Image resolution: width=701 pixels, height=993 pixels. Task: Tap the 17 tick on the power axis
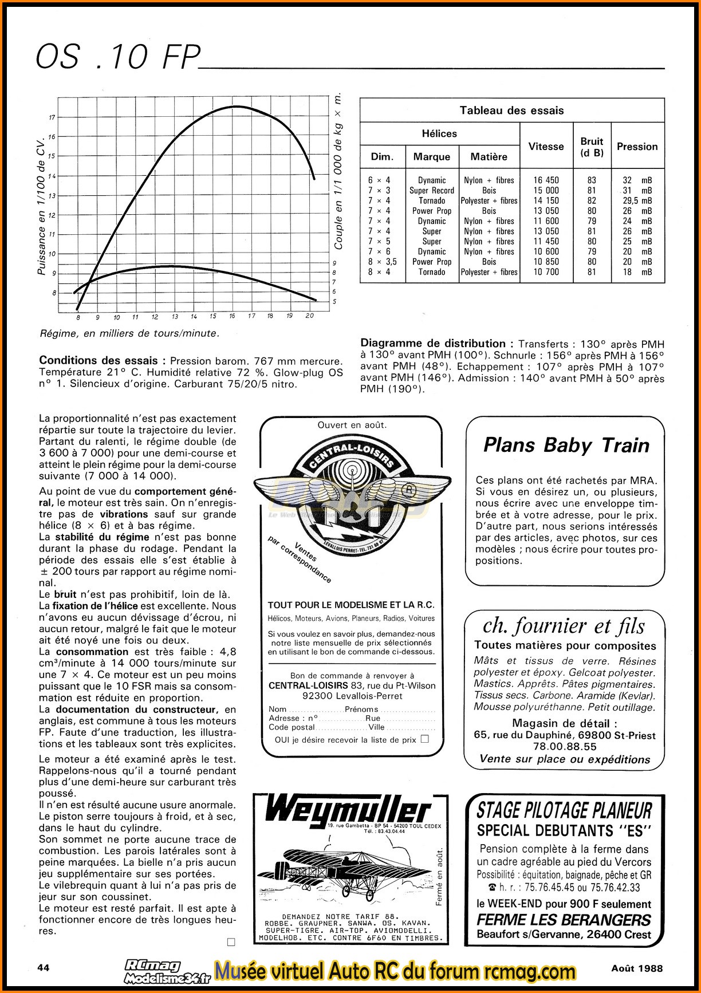[x=52, y=117]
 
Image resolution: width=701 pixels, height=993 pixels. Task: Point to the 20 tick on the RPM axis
[x=309, y=316]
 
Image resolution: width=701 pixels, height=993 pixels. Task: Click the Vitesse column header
[x=546, y=146]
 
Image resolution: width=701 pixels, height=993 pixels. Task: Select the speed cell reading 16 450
[x=546, y=180]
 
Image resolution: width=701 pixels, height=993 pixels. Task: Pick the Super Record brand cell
[x=431, y=191]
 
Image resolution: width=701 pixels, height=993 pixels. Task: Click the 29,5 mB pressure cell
[x=637, y=201]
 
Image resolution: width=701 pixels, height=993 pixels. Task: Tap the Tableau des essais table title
[x=511, y=111]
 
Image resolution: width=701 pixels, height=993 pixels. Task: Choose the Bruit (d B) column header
[x=592, y=147]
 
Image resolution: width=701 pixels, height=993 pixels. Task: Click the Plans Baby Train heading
[x=566, y=445]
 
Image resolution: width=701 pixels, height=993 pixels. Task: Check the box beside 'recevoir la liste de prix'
[x=424, y=739]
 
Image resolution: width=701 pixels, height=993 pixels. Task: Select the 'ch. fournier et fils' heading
[x=564, y=626]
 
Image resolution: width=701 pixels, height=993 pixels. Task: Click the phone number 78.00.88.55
[x=565, y=747]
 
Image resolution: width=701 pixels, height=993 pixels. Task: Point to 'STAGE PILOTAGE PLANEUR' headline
[x=564, y=810]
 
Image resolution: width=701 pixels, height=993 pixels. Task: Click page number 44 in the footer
[x=43, y=967]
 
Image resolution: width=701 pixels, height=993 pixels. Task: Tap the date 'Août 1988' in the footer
[x=636, y=968]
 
